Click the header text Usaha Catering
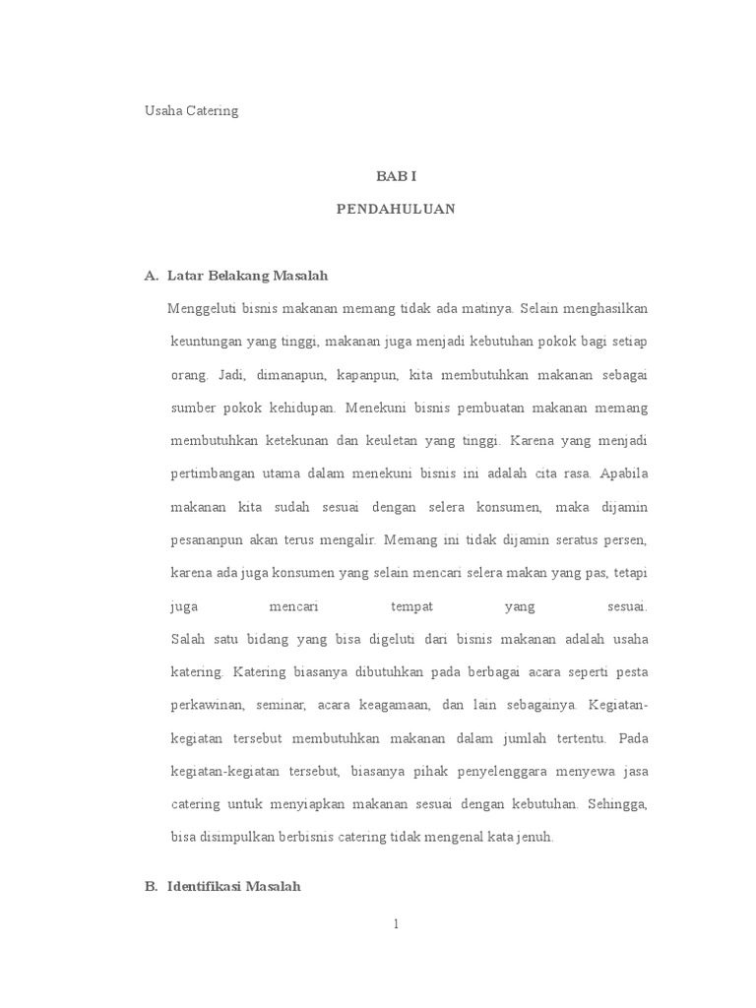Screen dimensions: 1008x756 192,111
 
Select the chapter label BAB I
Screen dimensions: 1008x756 396,176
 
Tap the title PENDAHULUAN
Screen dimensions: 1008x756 396,210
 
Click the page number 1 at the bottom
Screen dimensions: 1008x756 396,924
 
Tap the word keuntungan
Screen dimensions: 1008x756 207,342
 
